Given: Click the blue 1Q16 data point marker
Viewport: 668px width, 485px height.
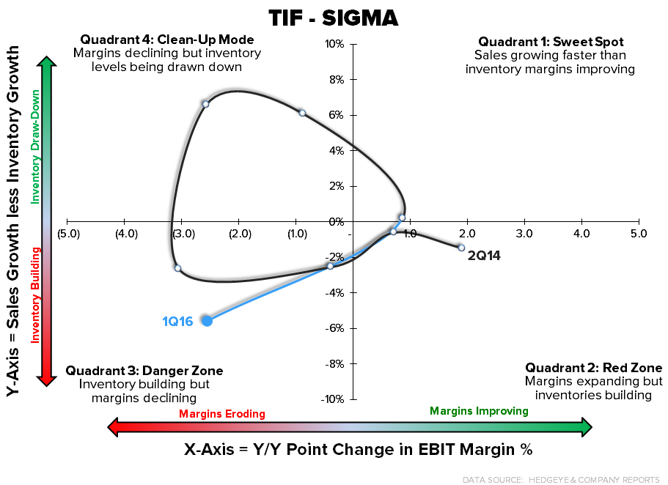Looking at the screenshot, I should [207, 320].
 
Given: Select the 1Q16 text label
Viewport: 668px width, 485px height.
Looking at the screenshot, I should [177, 321].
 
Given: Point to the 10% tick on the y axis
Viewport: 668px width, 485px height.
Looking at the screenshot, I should [336, 44].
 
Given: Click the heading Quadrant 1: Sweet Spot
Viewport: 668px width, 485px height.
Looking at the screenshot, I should [551, 42].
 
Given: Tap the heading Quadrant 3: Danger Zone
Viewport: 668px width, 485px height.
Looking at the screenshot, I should [144, 371].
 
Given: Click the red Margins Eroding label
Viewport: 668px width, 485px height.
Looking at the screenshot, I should [222, 414].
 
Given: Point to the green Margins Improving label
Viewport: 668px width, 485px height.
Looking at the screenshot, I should [479, 411].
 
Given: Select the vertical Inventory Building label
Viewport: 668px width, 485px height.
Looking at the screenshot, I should [34, 295].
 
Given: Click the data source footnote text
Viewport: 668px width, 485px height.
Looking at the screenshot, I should [561, 479].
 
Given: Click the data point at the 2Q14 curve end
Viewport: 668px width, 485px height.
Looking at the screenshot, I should [461, 248].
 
